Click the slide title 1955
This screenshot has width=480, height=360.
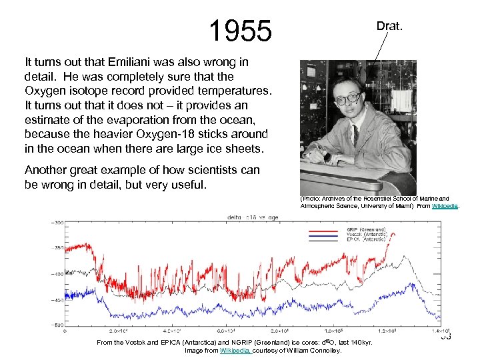coord(240,30)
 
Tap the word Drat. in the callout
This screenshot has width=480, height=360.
coord(389,26)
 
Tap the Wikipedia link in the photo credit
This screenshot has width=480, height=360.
coord(445,206)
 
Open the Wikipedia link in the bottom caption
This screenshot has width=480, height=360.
coord(235,350)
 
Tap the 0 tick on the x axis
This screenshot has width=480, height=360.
coord(65,330)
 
